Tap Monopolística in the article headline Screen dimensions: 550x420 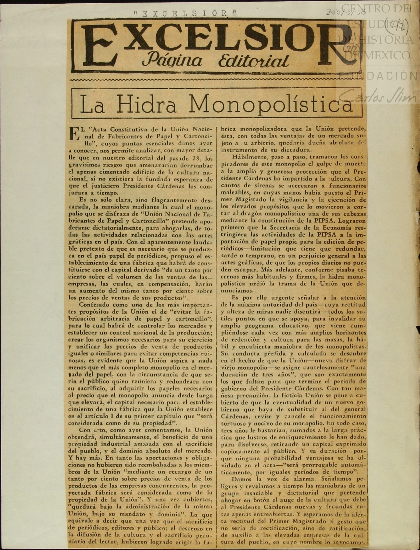tap(270, 105)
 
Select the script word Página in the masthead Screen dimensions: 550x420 tap(172, 60)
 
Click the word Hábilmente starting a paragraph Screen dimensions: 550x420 tap(247, 157)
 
